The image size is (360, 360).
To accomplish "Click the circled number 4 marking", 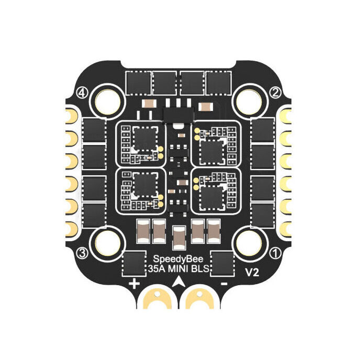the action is click(x=83, y=93).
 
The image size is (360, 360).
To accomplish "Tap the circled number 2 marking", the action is click(x=276, y=92).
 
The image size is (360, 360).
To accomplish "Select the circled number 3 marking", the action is click(x=83, y=253).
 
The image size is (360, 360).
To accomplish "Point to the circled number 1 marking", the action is click(x=276, y=253).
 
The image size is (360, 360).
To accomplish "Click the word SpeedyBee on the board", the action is click(x=178, y=259).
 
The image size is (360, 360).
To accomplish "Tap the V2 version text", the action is click(x=252, y=273).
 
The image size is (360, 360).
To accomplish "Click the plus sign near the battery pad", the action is click(x=134, y=284).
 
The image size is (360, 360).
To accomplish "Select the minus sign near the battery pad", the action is click(x=224, y=284).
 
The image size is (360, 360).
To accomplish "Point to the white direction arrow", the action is click(x=178, y=282).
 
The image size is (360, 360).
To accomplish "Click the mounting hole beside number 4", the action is click(x=108, y=102).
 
